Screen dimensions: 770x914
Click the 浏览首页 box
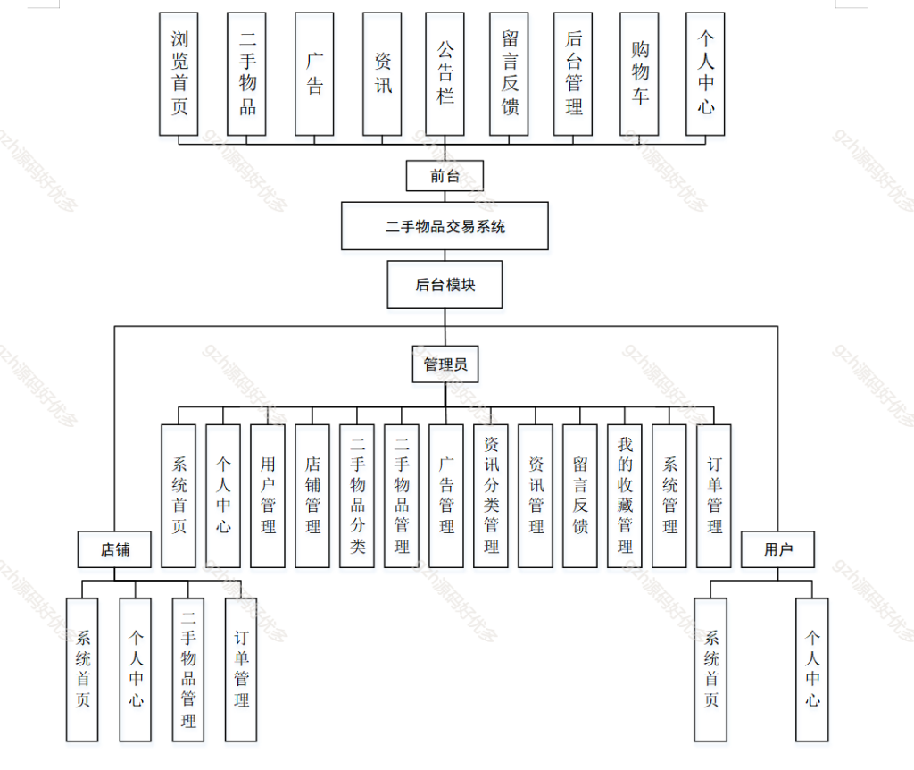[x=179, y=74]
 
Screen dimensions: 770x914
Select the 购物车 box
[x=640, y=74]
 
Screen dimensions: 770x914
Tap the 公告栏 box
[x=445, y=74]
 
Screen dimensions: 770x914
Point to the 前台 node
[x=445, y=176]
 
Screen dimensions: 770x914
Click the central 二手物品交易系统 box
[x=445, y=226]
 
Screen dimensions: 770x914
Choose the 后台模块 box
[x=445, y=285]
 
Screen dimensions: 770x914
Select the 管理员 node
[x=445, y=364]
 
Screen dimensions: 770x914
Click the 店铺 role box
[x=114, y=549]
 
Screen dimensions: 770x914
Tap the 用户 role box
[x=777, y=549]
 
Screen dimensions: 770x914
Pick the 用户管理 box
[x=268, y=496]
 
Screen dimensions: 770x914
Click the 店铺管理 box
[x=312, y=496]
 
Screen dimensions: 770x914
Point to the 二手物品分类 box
[x=357, y=496]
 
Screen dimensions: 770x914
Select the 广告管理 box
[x=446, y=496]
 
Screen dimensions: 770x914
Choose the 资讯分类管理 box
[x=491, y=496]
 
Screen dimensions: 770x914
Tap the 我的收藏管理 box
[x=625, y=496]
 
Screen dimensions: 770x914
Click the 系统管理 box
[x=669, y=496]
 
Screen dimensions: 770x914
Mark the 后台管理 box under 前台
[x=573, y=74]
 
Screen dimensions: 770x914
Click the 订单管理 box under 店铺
[x=241, y=669]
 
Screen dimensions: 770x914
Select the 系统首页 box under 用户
[x=710, y=669]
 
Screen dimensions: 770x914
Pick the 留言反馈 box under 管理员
[x=580, y=496]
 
